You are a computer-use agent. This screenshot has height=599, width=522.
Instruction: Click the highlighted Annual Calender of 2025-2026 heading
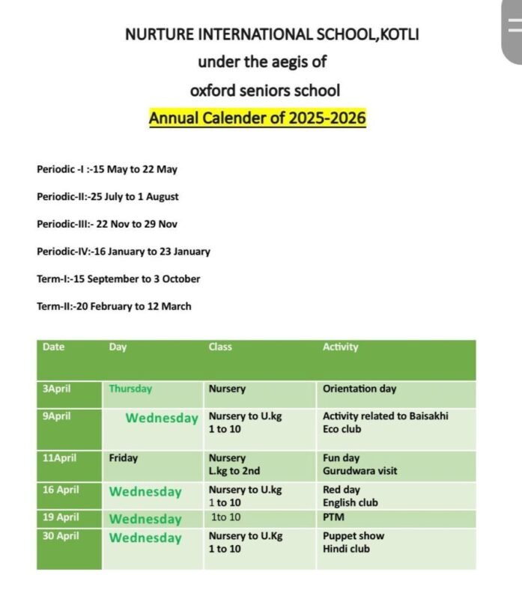click(x=257, y=118)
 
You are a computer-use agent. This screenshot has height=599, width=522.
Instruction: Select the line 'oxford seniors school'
click(x=264, y=91)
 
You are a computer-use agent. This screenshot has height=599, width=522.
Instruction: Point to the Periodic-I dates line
click(x=106, y=169)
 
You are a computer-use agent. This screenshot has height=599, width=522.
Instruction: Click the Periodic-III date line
click(x=106, y=224)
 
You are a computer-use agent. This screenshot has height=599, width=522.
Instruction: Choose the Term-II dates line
click(x=114, y=306)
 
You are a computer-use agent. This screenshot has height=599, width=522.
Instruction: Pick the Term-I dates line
click(x=118, y=279)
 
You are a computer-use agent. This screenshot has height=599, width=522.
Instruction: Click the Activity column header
click(x=340, y=347)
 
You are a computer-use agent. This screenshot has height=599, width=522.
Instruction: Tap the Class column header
click(x=220, y=347)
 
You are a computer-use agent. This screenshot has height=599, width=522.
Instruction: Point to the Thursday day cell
click(x=130, y=389)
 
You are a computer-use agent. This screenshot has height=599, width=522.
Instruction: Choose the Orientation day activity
click(x=359, y=389)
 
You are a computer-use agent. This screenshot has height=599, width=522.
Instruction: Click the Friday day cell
click(x=124, y=457)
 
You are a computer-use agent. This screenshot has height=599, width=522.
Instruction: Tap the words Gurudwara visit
click(x=359, y=471)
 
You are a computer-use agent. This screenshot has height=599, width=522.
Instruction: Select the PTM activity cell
click(x=333, y=517)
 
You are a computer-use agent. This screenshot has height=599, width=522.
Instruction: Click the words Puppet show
click(x=353, y=536)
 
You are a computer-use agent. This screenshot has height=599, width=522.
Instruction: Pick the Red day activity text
click(x=342, y=490)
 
